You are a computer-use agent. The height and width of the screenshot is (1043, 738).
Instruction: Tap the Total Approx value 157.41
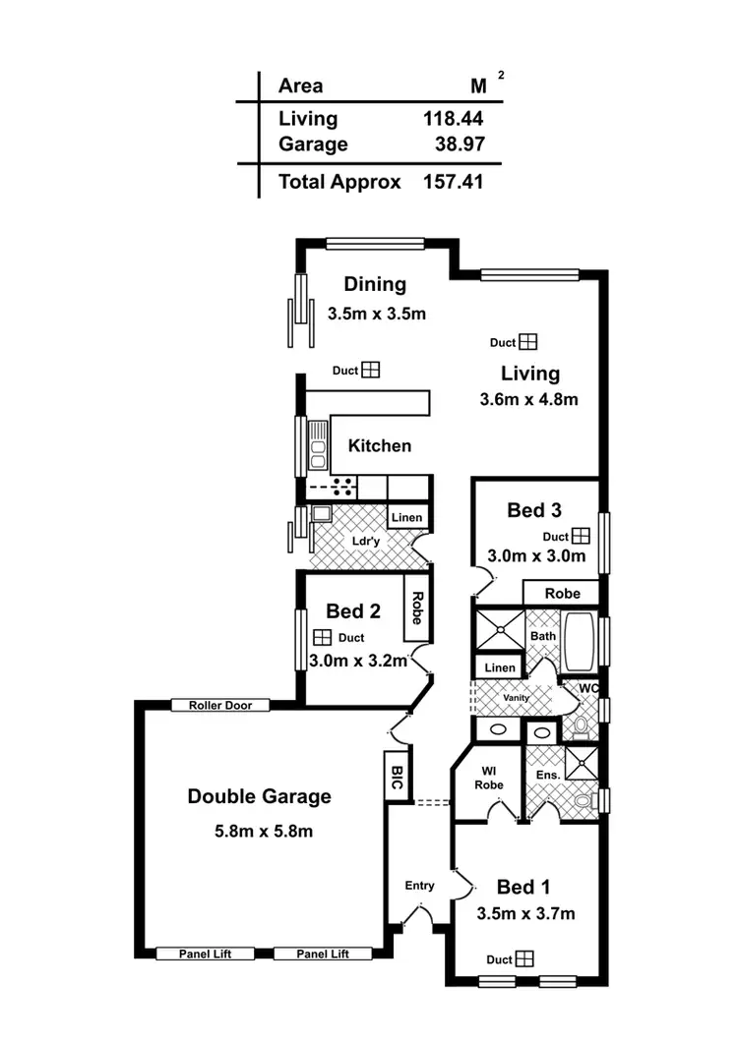(x=453, y=182)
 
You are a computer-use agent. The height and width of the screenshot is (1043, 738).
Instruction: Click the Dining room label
(x=375, y=284)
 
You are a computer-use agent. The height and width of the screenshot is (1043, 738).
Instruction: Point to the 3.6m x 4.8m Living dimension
(x=528, y=399)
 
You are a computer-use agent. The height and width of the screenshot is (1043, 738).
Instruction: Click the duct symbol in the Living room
(x=528, y=342)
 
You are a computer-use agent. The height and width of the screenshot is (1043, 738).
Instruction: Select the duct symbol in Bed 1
(x=524, y=958)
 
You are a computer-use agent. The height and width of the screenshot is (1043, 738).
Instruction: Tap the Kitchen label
(x=380, y=445)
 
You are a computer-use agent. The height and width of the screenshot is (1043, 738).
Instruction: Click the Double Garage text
(x=260, y=796)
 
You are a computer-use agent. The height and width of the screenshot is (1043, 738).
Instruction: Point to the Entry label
(x=420, y=886)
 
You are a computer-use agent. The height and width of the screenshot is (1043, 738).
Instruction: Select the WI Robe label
(x=489, y=779)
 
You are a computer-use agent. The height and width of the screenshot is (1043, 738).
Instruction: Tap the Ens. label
(x=548, y=776)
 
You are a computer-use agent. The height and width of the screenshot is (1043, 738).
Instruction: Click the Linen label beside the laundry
(x=406, y=517)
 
